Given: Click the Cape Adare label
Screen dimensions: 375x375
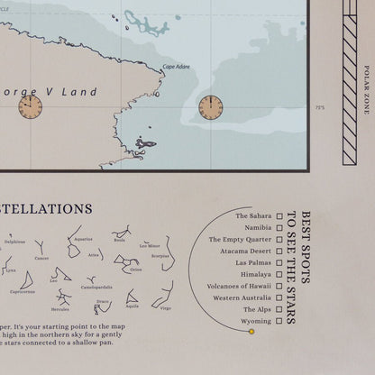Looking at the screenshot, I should pos(177,67).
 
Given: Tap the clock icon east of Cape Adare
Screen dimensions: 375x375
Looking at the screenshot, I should pos(211,107).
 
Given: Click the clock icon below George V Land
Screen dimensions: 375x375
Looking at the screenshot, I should pos(30,107).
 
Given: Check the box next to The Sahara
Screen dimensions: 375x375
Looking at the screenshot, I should pos(280,216).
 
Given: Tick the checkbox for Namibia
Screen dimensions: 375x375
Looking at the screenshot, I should pos(280,228).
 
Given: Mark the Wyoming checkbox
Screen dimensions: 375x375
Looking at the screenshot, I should pos(280,320).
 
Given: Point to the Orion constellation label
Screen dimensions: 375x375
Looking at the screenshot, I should pos(136,270).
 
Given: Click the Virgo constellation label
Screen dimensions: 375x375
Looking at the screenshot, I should pos(165,308).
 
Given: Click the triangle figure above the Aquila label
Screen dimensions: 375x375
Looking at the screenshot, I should pos(132,297).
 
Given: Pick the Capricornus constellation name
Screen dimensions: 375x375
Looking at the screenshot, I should pos(23,291).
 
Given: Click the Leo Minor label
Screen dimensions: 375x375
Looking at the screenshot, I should pos(150,244).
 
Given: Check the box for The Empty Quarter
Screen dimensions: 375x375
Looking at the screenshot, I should pos(280,240).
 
